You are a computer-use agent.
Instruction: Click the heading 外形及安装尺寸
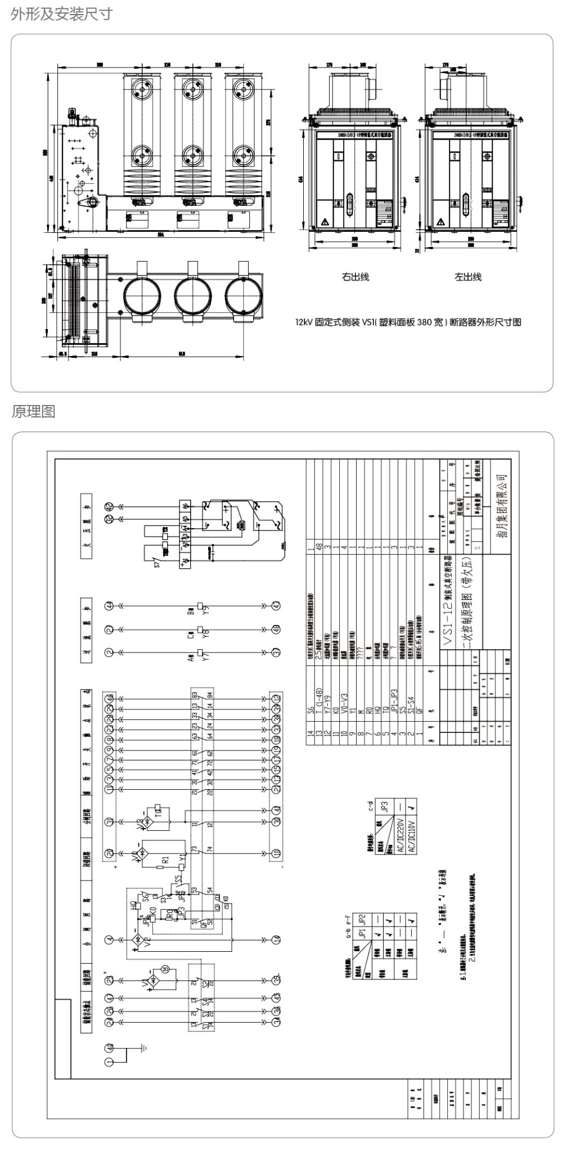point(61,14)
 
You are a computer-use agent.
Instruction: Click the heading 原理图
point(33,411)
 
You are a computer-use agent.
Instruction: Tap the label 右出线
point(355,277)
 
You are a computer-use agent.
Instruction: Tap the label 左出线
point(468,277)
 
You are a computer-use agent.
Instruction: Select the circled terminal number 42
point(110,506)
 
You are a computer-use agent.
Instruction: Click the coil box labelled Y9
point(200,606)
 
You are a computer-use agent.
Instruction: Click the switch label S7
point(158,561)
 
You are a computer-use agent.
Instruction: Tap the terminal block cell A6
point(185,505)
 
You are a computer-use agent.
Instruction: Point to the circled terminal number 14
point(276,939)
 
